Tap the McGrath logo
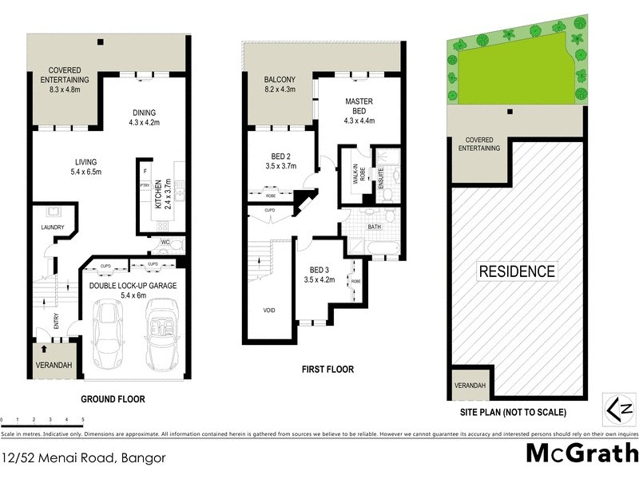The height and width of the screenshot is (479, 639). coord(581,453)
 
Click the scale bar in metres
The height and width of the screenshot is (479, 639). coord(42,418)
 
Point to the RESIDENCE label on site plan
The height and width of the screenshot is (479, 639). coord(516,271)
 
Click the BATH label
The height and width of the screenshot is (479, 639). coord(375,227)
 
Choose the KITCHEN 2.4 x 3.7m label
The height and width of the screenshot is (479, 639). coord(162,193)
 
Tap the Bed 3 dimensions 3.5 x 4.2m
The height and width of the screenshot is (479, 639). coord(318,279)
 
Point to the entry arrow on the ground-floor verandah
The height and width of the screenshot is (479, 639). coord(42,349)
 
